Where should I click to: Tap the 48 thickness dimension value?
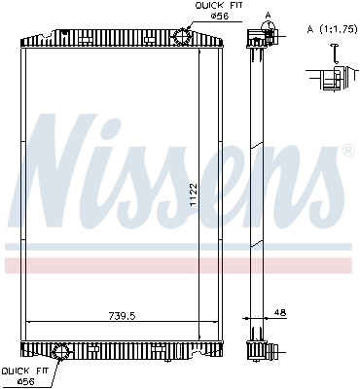tap(281, 311)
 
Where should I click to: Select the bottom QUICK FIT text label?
tap(21, 371)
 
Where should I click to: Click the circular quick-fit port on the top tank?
tap(182, 35)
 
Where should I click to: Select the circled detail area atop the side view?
tap(258, 37)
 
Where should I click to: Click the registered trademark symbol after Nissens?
tap(347, 153)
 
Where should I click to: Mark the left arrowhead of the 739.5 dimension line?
tap(27, 322)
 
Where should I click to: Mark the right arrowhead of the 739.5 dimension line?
tap(219, 322)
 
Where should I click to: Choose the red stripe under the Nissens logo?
tap(180, 265)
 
